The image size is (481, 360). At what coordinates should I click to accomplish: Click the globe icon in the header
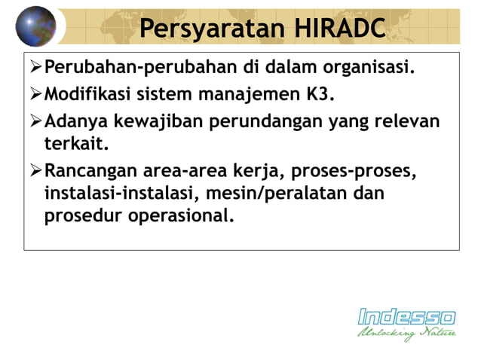click(35, 26)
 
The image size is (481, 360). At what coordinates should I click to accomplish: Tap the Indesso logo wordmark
click(406, 316)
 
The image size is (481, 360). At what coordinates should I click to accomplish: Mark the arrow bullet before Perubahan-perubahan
click(35, 69)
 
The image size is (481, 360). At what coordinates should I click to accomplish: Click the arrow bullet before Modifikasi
click(35, 96)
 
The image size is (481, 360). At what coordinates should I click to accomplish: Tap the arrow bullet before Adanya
click(35, 121)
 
